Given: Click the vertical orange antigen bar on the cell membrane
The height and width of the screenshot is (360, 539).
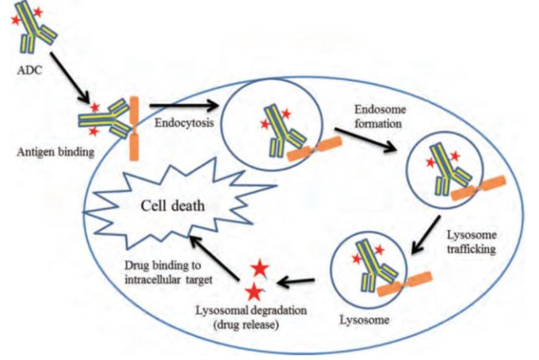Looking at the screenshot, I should [x=134, y=128].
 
